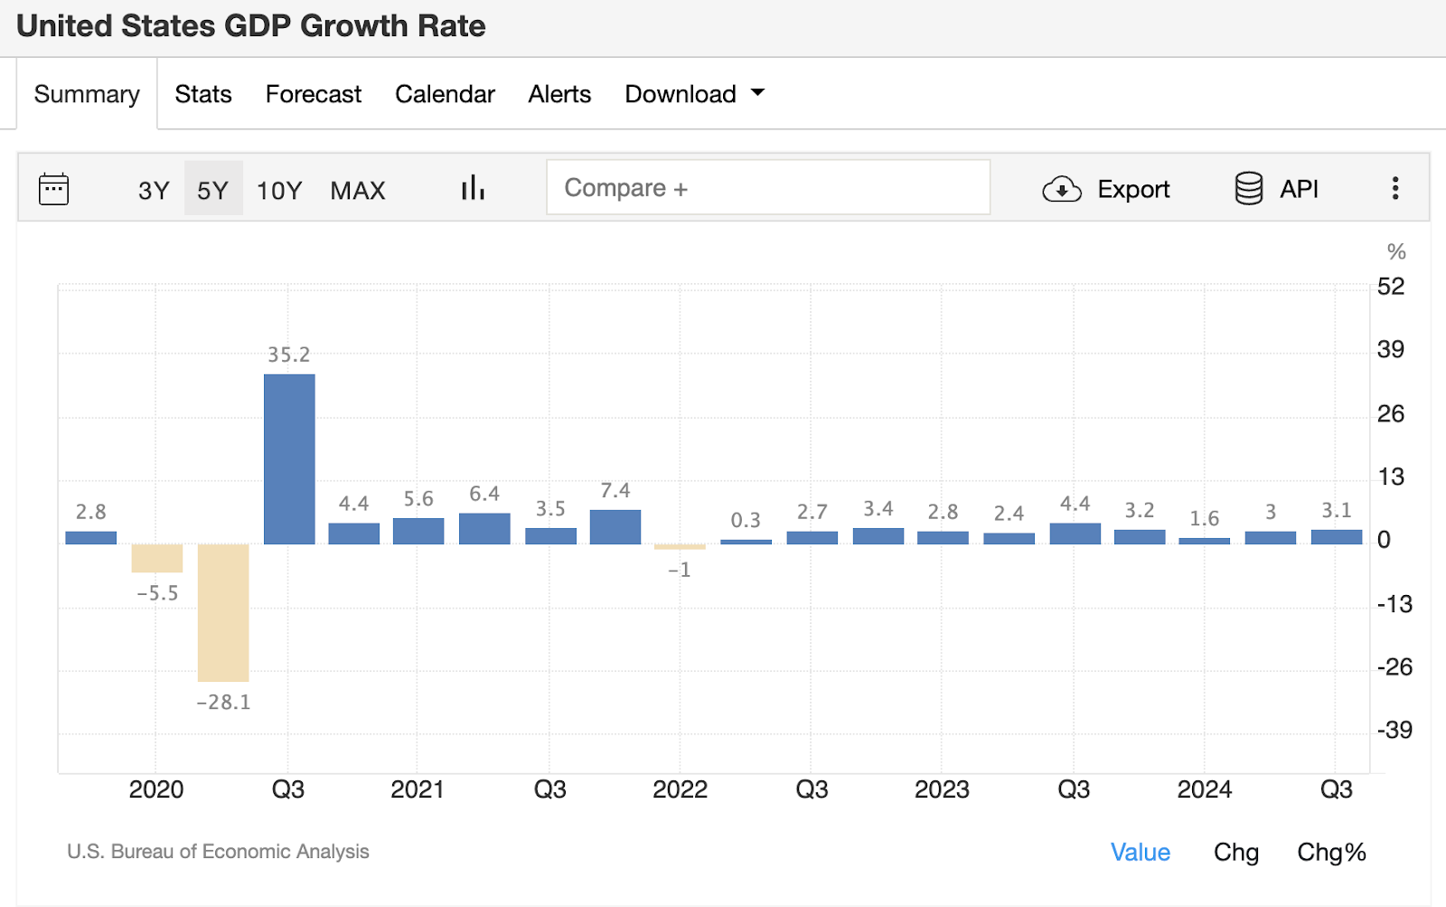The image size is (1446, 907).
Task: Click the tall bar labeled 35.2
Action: coord(289,458)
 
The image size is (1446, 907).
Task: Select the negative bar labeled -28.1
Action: coord(223,612)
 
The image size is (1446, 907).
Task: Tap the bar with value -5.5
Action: coord(157,558)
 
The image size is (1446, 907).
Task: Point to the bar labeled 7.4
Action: coord(615,527)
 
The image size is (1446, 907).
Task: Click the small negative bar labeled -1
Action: coord(680,547)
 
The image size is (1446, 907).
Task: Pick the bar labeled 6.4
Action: coord(484,529)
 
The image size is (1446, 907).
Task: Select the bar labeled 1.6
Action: coord(1205,541)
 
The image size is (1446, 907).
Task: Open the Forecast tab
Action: coord(313,94)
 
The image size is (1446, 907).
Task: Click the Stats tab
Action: coord(203,94)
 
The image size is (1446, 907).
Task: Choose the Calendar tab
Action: coord(445,94)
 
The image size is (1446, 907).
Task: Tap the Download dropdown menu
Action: coord(694,94)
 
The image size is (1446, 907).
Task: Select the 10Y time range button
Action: coord(279,190)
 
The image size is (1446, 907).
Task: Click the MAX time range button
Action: coord(358,190)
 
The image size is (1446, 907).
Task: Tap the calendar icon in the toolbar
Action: coord(54,189)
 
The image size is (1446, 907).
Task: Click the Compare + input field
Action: coord(767,188)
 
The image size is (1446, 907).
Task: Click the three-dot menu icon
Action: coord(1395,188)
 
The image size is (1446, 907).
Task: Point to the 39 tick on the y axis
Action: coord(1390,350)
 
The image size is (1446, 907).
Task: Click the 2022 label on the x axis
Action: coord(680,789)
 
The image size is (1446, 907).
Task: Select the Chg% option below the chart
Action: coord(1331,852)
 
